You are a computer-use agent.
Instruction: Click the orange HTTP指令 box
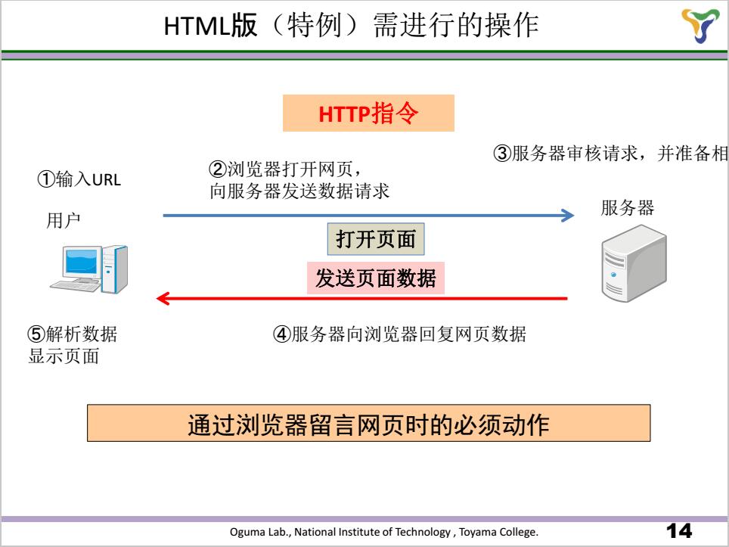[x=368, y=113]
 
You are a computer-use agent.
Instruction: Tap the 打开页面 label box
[x=376, y=239]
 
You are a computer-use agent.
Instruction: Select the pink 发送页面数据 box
[x=376, y=278]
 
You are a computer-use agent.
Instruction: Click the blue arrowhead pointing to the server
[x=568, y=216]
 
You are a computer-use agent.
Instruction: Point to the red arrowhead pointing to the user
[x=163, y=298]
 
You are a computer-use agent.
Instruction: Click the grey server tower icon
[x=634, y=263]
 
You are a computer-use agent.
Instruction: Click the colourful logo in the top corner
[x=700, y=25]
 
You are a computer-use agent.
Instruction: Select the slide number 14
[x=679, y=530]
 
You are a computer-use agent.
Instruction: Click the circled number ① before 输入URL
[x=46, y=179]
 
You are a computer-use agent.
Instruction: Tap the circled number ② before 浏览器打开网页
[x=218, y=169]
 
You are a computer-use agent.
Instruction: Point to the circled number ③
[x=502, y=153]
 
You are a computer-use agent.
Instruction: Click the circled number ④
[x=282, y=334]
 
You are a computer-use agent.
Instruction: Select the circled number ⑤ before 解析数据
[x=36, y=334]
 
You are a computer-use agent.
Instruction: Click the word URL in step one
[x=107, y=179]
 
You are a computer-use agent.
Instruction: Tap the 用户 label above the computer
[x=64, y=220]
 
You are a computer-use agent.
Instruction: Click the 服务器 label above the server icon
[x=627, y=207]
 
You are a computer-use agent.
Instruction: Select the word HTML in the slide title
[x=197, y=26]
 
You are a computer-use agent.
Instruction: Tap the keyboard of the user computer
[x=76, y=285]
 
